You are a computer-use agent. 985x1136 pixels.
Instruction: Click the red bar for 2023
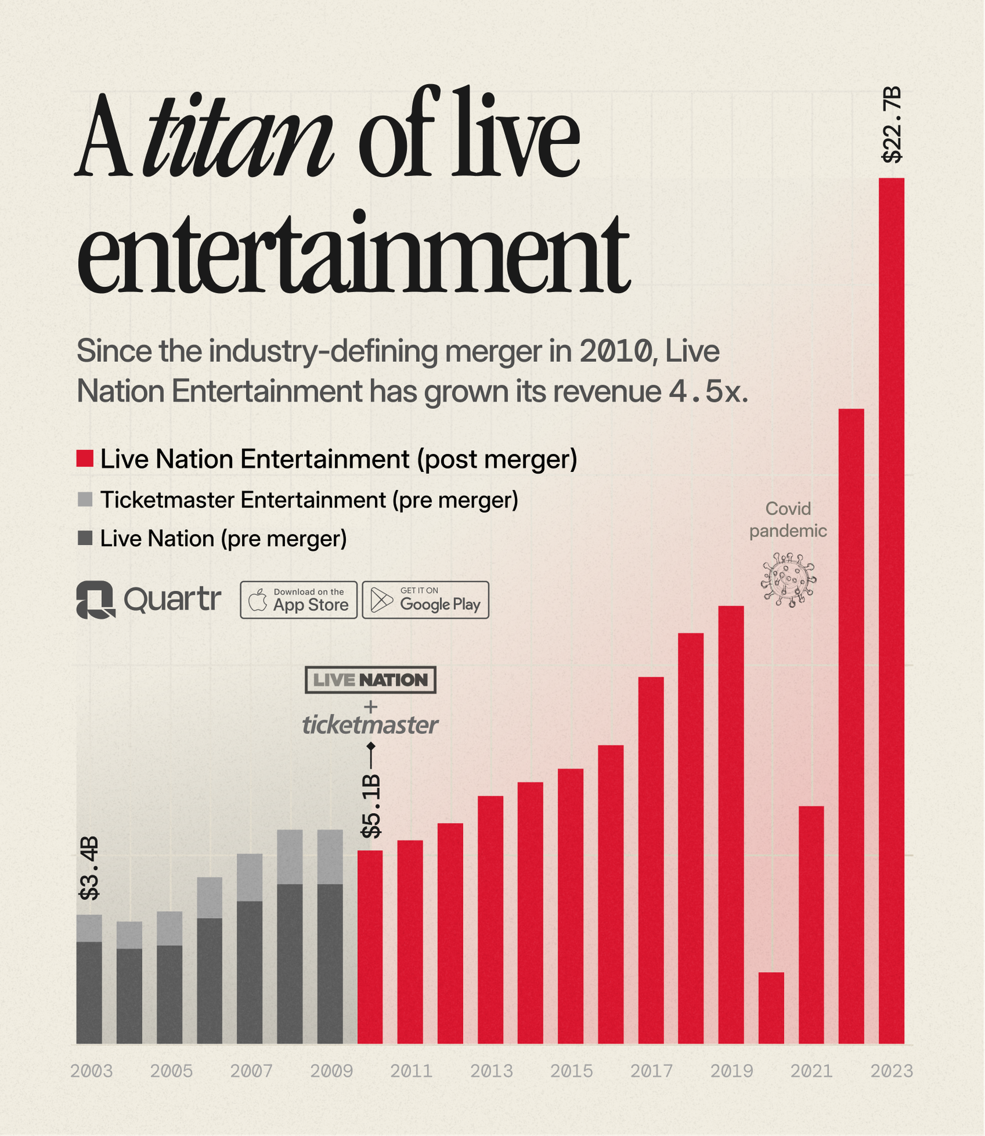891,610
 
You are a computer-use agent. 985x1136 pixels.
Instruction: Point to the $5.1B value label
370,807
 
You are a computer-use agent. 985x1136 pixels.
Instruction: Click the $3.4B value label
89,869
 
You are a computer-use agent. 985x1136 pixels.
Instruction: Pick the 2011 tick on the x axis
411,1071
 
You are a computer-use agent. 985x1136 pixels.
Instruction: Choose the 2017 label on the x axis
651,1071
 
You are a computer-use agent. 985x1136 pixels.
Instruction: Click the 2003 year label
91,1071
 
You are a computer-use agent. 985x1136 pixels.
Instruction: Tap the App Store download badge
299,600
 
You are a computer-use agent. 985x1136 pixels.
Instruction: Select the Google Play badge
426,600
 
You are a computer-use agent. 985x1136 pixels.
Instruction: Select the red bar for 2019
731,825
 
